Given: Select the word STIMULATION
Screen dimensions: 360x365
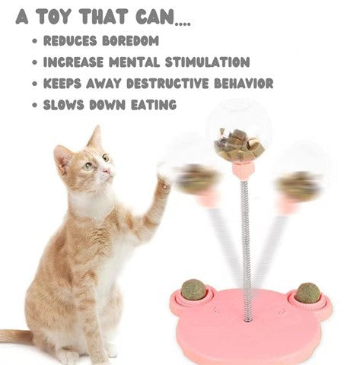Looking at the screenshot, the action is click(207, 62).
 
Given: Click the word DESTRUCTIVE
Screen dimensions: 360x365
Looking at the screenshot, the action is click(167, 84).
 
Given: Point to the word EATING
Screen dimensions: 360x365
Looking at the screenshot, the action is click(154, 105).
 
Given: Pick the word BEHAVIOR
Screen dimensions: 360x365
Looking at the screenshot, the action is click(244, 84).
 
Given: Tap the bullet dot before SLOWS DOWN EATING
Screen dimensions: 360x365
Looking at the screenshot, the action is click(35, 105).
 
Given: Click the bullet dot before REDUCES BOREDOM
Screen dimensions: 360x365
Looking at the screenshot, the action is click(35, 41).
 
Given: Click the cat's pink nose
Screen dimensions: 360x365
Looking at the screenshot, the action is click(109, 170).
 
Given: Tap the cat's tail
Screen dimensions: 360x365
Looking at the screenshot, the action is click(15, 337).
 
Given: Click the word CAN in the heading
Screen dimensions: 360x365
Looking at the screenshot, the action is click(157, 17).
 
